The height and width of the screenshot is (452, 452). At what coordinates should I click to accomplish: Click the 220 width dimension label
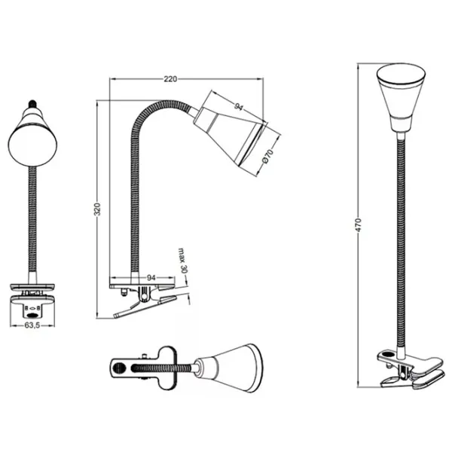[170, 78]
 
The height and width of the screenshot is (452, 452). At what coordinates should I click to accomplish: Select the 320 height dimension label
[97, 209]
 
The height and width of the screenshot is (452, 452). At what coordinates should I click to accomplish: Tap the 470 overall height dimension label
[358, 225]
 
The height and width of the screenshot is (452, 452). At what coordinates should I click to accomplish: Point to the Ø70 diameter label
[267, 157]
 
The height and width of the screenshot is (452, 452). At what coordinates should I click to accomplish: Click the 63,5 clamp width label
[32, 325]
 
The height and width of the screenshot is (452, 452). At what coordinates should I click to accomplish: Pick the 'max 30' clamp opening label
[182, 261]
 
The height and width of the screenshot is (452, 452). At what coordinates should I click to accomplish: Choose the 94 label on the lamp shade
[239, 107]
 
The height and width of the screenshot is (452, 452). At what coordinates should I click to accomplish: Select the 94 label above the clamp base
[151, 277]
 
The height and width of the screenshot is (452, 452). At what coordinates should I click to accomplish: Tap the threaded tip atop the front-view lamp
[32, 103]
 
